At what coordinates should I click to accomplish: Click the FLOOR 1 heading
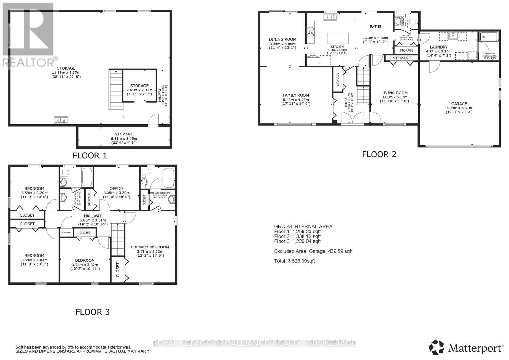90,156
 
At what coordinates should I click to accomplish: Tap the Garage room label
459,104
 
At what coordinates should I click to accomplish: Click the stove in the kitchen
310,32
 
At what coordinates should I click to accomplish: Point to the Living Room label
394,93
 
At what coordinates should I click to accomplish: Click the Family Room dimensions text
296,103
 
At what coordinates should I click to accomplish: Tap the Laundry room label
439,47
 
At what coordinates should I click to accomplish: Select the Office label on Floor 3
116,188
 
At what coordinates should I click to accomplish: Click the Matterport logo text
476,348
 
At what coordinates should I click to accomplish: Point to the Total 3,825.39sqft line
294,261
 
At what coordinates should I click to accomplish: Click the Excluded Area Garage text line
313,251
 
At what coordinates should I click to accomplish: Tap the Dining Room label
282,39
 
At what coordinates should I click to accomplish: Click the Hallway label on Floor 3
93,216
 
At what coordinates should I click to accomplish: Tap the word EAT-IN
375,27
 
